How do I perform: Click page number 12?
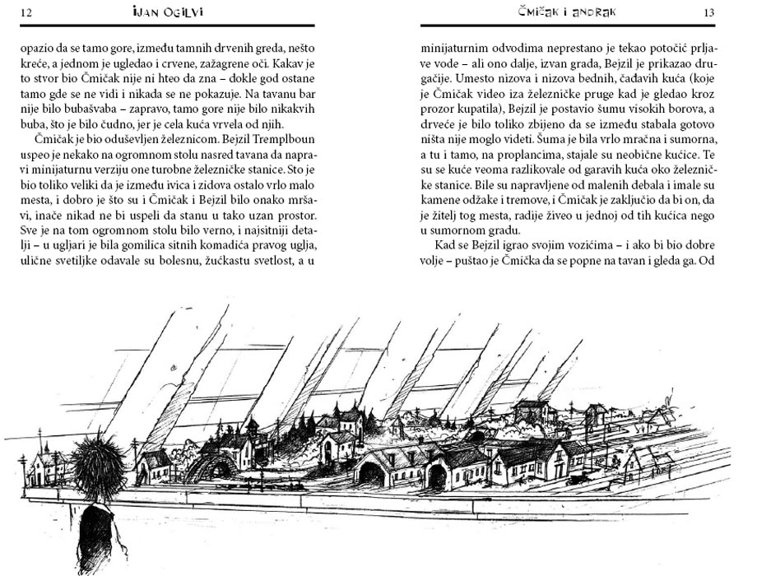pos(26,13)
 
